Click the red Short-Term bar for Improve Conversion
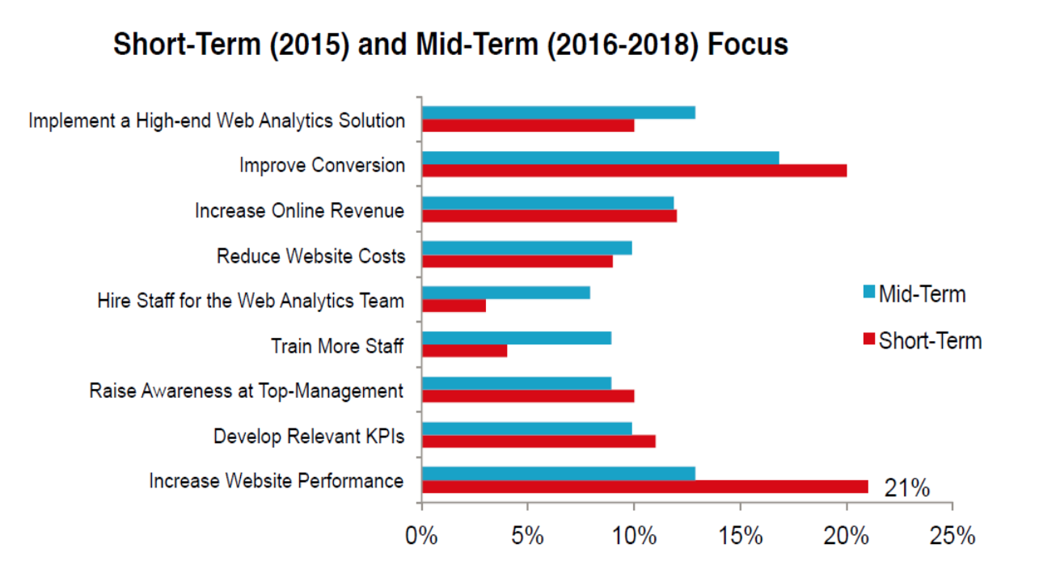[634, 171]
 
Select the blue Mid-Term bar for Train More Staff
[517, 338]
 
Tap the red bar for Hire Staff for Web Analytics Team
[454, 306]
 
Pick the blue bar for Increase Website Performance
[558, 474]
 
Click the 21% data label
[906, 488]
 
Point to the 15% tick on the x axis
[740, 537]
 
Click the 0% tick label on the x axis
[422, 537]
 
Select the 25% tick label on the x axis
[952, 537]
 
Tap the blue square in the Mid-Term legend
[870, 293]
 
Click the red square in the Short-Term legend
[870, 340]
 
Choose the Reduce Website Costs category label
[310, 256]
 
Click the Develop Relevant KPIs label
[308, 437]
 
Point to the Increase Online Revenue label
[299, 211]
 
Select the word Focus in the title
[747, 44]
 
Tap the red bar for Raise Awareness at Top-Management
[528, 396]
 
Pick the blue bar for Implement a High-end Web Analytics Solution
[558, 112]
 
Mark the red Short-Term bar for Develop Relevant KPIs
[539, 441]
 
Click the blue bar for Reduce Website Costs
[526, 247]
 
